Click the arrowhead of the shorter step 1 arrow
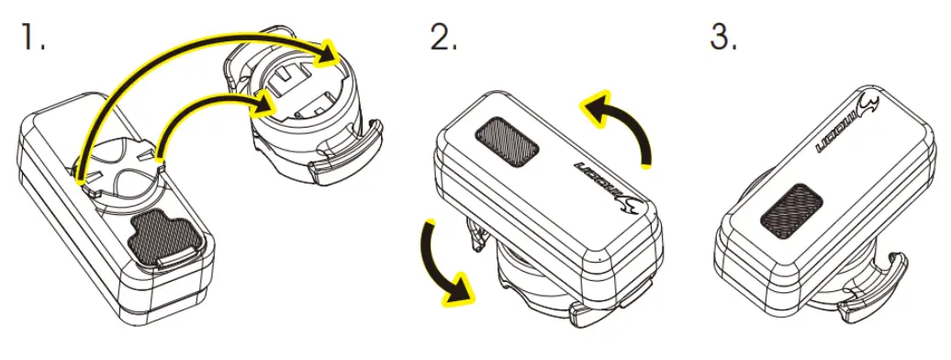266,105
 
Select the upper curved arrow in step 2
624,124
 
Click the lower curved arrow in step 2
441,262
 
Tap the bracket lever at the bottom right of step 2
606,313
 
